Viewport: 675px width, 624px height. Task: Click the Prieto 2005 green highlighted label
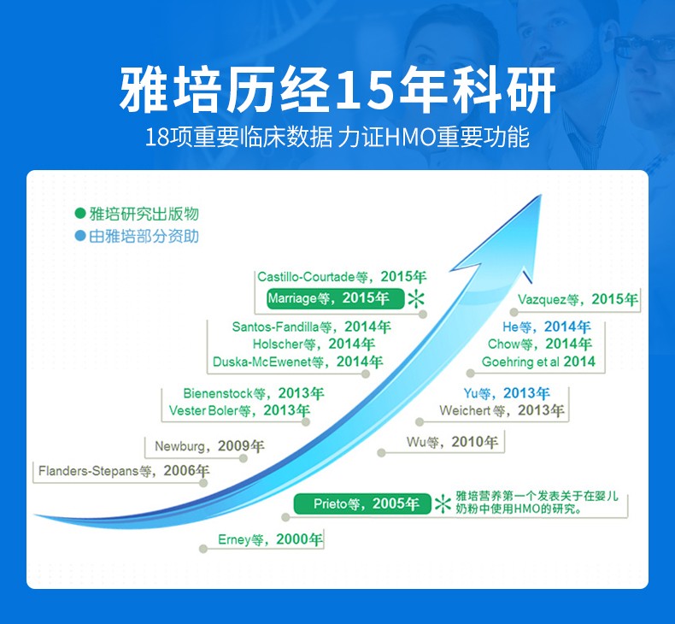[x=362, y=503]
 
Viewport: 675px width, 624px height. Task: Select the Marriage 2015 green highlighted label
[x=335, y=298]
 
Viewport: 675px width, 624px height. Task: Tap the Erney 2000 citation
[x=270, y=539]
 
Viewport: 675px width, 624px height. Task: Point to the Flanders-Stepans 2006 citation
[x=124, y=471]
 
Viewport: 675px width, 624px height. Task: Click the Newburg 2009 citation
[x=209, y=446]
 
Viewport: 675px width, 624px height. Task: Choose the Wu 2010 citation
[x=452, y=442]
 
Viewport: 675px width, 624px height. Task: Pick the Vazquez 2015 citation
[x=578, y=299]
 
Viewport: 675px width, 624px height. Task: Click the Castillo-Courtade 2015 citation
[x=342, y=276]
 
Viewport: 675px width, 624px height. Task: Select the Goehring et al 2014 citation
[x=538, y=362]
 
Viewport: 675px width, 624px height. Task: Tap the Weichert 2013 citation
[x=502, y=410]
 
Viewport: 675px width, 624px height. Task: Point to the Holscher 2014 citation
[x=314, y=344]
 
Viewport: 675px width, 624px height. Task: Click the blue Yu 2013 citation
[x=507, y=393]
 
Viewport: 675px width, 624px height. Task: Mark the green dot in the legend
[x=80, y=213]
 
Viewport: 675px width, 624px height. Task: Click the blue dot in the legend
[x=80, y=236]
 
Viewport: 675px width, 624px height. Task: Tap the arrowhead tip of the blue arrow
[x=541, y=195]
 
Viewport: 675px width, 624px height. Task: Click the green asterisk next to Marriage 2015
[x=416, y=299]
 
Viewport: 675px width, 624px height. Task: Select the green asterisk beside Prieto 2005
[x=443, y=503]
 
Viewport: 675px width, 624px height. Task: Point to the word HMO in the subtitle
[x=410, y=138]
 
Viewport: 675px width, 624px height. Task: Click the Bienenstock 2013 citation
[x=254, y=393]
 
